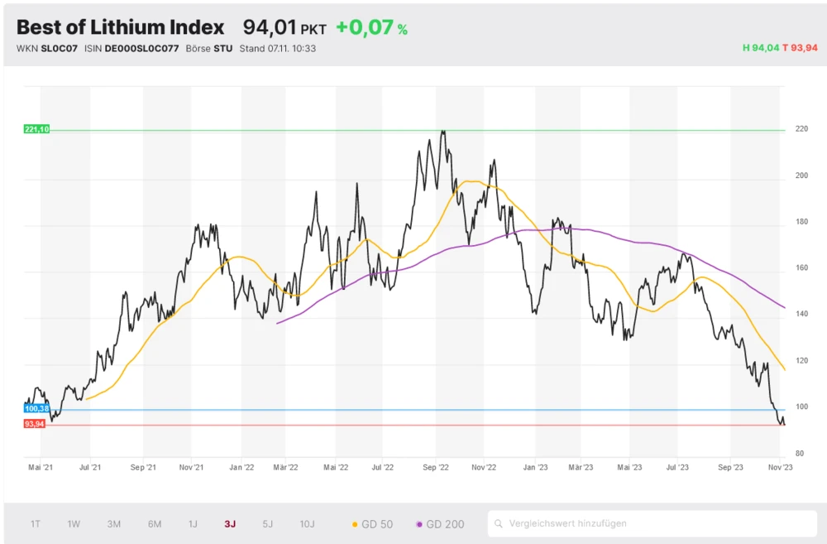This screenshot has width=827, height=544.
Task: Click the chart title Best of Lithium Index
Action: (120, 27)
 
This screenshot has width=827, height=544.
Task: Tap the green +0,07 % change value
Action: (371, 28)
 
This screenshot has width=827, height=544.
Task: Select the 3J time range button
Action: (230, 523)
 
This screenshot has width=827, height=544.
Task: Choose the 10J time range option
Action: (307, 523)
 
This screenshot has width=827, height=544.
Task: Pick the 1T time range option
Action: (36, 523)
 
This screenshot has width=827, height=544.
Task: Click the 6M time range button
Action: (155, 523)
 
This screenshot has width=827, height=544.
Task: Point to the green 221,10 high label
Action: (37, 129)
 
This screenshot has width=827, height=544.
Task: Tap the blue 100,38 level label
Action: (37, 409)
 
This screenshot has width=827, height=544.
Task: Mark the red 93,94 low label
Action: (35, 424)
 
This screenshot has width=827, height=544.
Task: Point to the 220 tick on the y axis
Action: (800, 130)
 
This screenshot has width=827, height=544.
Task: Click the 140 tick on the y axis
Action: (800, 315)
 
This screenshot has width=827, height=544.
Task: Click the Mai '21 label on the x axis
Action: (41, 468)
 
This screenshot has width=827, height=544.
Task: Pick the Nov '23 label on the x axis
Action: (780, 468)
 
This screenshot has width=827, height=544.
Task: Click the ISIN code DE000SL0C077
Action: (141, 48)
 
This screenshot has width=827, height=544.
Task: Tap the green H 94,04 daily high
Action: (761, 48)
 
